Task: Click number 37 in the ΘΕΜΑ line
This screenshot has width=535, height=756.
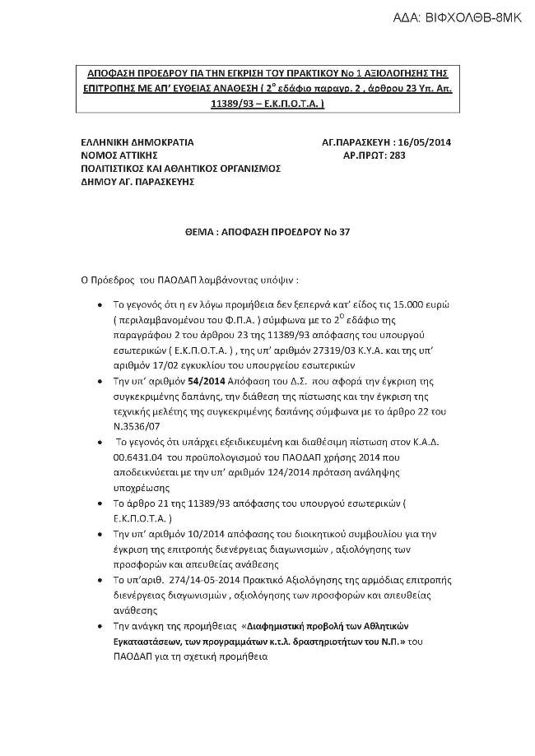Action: point(344,232)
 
